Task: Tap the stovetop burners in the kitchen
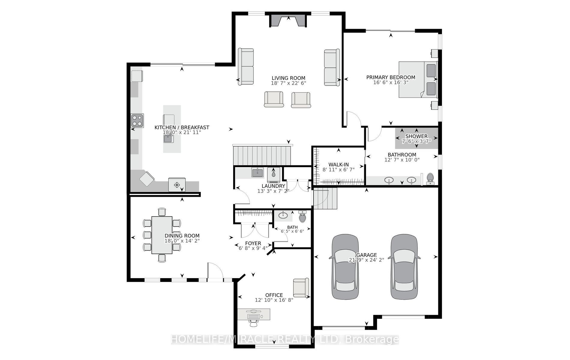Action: coord(137,120)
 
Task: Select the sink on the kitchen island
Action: coord(168,139)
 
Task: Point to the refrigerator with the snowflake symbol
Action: coord(177,184)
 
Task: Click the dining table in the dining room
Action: coord(162,235)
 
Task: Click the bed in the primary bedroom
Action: coord(418,79)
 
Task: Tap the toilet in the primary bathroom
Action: coord(430,179)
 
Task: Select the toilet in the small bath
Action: coord(302,216)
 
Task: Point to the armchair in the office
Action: coord(301,288)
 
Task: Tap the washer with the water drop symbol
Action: coord(274,175)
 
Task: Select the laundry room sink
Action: coord(257,172)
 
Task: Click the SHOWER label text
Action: coord(416,136)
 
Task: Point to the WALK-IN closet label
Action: coord(338,164)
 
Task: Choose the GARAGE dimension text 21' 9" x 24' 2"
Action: coord(366,260)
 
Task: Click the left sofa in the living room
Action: coord(246,67)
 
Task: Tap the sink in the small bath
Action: coord(283,215)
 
